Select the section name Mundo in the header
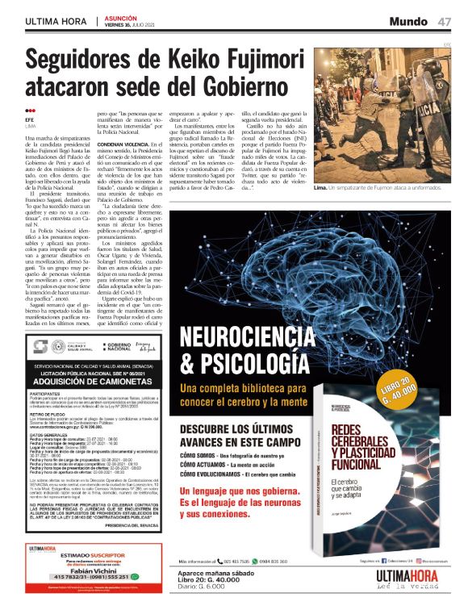click(412, 20)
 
